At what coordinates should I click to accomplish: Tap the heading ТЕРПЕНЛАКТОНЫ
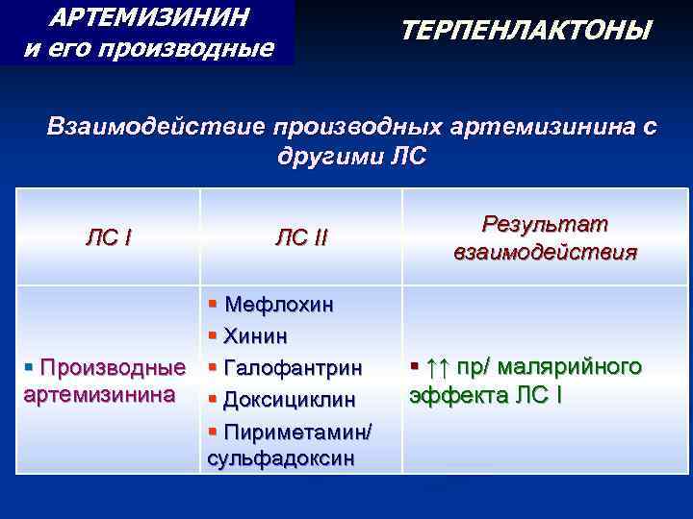[x=526, y=32]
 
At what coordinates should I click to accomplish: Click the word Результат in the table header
[x=545, y=224]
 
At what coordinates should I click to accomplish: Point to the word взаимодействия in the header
[x=545, y=252]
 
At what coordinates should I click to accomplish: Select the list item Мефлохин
[x=278, y=305]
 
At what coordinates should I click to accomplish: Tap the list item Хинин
[x=256, y=336]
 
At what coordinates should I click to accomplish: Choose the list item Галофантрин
[x=293, y=368]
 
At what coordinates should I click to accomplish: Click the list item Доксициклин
[x=289, y=399]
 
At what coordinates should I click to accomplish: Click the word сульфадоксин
[x=280, y=457]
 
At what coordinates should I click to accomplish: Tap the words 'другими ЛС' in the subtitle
[x=349, y=157]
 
